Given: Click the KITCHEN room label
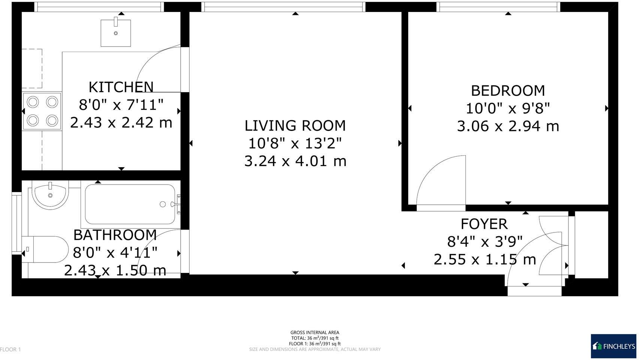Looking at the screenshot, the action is (x=121, y=87).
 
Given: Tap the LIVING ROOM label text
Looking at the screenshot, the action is (x=295, y=126).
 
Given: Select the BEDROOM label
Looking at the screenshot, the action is (x=508, y=91).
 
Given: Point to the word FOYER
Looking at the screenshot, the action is (x=484, y=224).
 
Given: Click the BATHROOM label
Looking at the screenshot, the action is (x=115, y=235).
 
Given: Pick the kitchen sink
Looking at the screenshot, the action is (x=116, y=33).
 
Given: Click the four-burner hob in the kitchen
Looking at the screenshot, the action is (x=42, y=111).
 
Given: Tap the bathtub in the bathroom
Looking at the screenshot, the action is (x=130, y=204).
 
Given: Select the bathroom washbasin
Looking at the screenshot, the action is (x=50, y=195).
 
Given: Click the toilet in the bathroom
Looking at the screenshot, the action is (x=46, y=249).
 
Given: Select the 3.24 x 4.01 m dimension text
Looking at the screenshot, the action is (x=295, y=161).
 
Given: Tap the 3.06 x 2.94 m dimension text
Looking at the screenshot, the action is (x=508, y=126).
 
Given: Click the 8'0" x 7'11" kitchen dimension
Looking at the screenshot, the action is (x=121, y=105).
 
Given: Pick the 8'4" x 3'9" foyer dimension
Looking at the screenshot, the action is (x=484, y=242).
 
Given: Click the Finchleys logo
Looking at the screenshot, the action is (x=613, y=346).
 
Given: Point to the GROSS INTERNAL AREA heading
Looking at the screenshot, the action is (x=315, y=332).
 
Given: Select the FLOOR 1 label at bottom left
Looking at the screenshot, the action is (x=10, y=349).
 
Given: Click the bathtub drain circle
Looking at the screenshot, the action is (x=163, y=204).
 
